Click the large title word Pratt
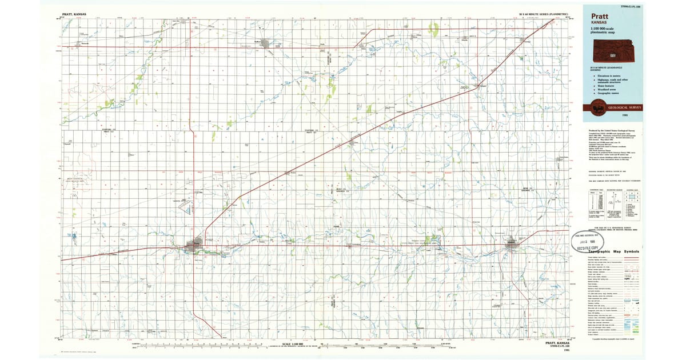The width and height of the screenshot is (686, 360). [601, 16]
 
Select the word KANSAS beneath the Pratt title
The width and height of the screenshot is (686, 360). [600, 23]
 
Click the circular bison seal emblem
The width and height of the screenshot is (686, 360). [595, 107]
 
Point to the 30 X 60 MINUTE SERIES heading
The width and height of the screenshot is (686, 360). [543, 13]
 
